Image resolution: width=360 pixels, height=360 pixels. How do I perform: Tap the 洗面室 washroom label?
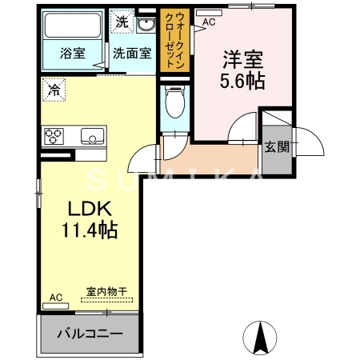pos(130,54)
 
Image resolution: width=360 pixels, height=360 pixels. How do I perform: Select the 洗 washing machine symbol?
pos(122,20)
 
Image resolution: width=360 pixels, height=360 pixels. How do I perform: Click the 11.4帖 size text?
pos(89,232)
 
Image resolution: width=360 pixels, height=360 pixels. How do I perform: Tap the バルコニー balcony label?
pos(90,332)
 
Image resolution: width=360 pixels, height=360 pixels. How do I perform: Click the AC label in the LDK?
pos(56,298)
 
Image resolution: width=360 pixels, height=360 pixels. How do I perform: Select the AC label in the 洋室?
pos(209,22)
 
